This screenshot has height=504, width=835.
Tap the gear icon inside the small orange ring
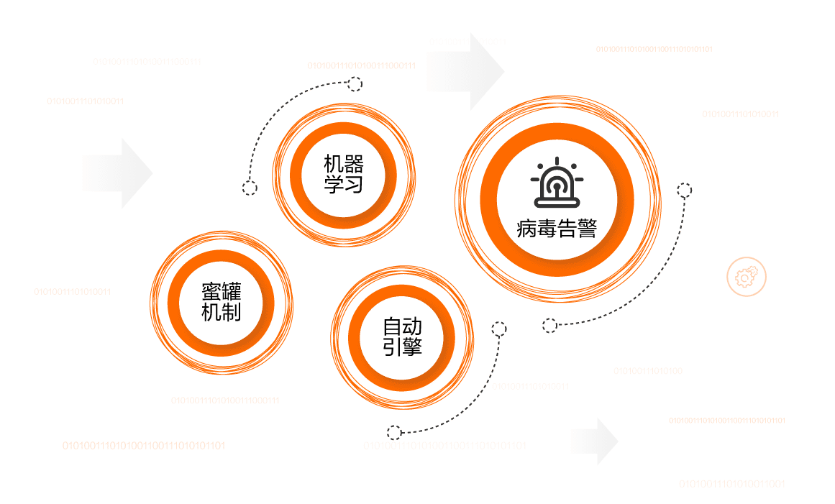tap(746, 276)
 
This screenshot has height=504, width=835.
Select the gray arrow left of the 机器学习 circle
tap(118, 173)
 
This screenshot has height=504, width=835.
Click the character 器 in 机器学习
tap(354, 163)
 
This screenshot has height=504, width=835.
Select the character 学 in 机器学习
tap(333, 184)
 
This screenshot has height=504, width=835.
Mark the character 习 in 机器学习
tap(354, 184)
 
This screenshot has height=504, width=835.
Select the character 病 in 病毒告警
tap(527, 229)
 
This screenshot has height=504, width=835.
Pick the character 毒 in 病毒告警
tap(547, 229)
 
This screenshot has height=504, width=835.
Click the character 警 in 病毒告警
tap(586, 229)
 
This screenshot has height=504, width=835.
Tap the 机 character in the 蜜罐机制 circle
tap(210, 312)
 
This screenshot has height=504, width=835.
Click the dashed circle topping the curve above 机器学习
tap(355, 84)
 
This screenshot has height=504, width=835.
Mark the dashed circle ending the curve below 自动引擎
tap(393, 432)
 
